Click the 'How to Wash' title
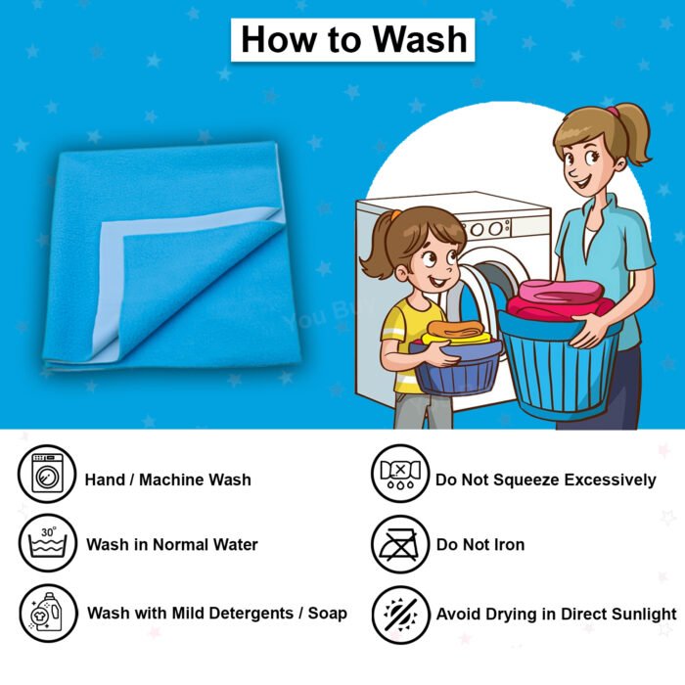[x=353, y=39]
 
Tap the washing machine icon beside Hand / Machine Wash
[x=47, y=474]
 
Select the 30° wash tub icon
[x=48, y=543]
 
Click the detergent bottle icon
[x=48, y=613]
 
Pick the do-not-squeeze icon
[x=400, y=474]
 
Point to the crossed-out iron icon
[x=400, y=544]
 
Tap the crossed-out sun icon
[x=400, y=615]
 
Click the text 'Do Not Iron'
[x=480, y=544]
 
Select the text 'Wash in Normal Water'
[x=172, y=544]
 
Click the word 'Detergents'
[x=233, y=613]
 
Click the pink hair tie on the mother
[x=614, y=111]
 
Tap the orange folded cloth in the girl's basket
[x=455, y=329]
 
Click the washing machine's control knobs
[x=485, y=229]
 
